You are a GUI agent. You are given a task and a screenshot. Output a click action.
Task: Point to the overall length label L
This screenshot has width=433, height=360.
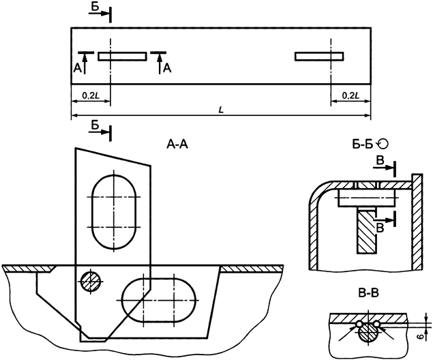point(221,110)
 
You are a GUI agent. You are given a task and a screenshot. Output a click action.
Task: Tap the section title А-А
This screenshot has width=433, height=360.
point(179,144)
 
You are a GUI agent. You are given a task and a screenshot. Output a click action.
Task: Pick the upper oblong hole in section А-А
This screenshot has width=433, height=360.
point(113,211)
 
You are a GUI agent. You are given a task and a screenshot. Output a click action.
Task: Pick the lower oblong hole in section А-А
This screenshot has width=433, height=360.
point(158,299)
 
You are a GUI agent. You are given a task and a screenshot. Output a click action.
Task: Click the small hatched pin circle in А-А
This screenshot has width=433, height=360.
point(90,280)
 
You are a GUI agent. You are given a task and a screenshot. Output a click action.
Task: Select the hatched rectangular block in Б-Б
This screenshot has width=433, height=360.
point(366,232)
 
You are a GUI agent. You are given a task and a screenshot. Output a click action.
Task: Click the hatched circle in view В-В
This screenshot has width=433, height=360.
point(368,331)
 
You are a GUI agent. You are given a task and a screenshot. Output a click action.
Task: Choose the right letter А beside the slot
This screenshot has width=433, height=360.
point(168,69)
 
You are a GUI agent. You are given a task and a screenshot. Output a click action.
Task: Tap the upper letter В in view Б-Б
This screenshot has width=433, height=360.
point(380,160)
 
